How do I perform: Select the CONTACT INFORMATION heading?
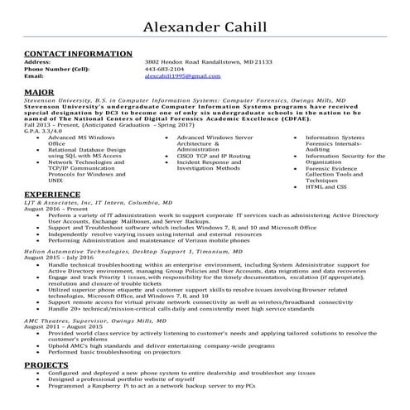click(x=72, y=54)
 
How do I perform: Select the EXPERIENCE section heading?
click(x=53, y=193)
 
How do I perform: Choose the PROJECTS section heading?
click(x=47, y=364)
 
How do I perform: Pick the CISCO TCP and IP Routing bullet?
click(x=213, y=155)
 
